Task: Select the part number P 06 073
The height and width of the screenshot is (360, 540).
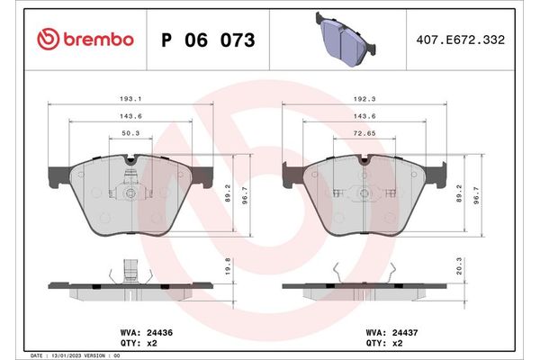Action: [207, 40]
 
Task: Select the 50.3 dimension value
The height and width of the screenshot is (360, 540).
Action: [130, 133]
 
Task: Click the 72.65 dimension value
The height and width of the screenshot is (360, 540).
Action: [365, 133]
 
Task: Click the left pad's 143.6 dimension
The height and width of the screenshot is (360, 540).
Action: [130, 117]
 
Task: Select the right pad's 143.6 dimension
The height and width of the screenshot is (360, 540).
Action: [365, 117]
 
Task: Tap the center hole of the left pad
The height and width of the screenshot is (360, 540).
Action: [130, 193]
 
